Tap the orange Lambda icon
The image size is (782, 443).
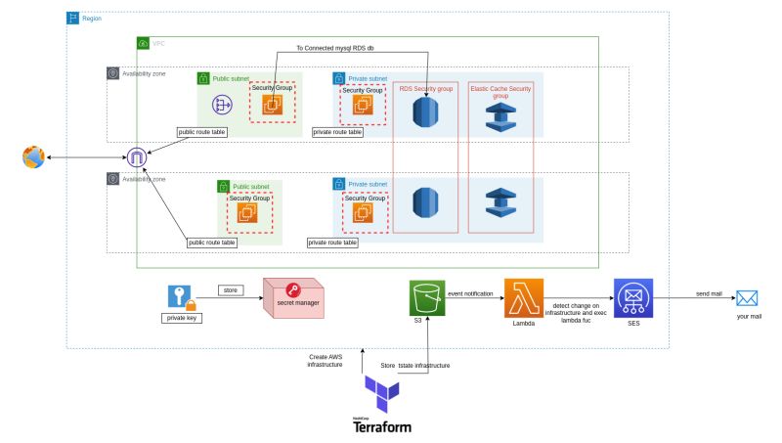(x=524, y=297)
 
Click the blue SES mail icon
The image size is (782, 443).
(x=632, y=297)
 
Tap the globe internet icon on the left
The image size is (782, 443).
(x=34, y=156)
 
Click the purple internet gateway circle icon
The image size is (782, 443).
(x=138, y=156)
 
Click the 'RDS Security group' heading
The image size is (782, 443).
(x=425, y=89)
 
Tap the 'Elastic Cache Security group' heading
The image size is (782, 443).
(x=500, y=92)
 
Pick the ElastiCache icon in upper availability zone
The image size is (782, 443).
(x=500, y=112)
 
